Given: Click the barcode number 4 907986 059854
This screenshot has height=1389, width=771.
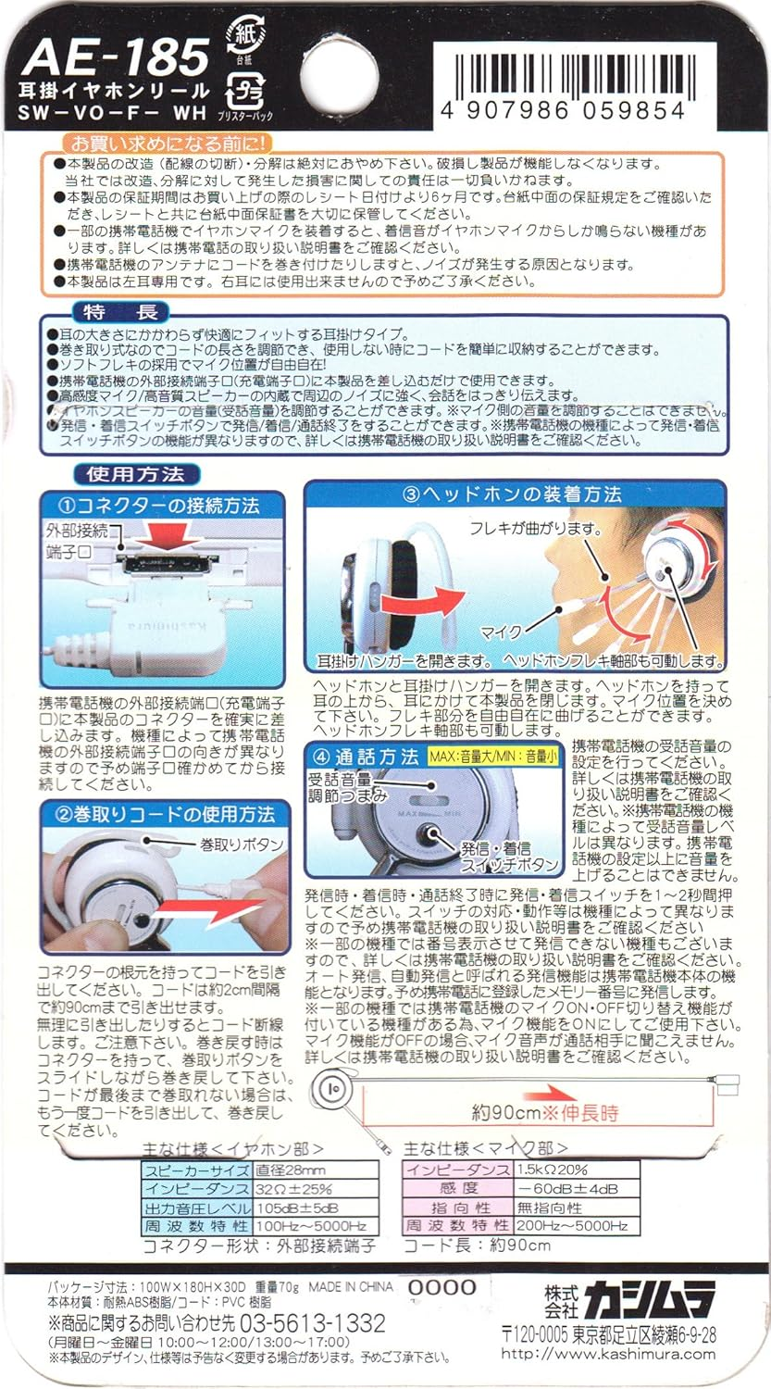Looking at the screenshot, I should pos(570,111).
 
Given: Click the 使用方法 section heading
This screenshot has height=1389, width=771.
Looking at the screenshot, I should pos(135,474).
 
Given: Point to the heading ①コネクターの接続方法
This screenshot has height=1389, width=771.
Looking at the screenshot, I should pos(165,506).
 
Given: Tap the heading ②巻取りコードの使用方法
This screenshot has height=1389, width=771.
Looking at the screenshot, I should pos(165,815).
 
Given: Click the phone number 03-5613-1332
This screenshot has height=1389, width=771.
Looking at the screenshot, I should pos(313,1322).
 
